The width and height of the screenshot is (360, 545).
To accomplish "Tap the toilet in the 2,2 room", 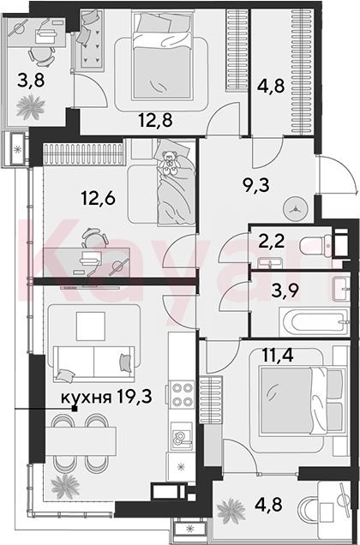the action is [315, 246].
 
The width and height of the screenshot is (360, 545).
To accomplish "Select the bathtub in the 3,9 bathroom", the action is [315, 322].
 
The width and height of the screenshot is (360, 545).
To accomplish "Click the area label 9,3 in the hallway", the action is [256, 186].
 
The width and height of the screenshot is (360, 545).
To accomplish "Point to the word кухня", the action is [86, 398].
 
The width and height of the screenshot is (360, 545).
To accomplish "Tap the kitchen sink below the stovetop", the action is [182, 436].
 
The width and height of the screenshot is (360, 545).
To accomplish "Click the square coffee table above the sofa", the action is [91, 326].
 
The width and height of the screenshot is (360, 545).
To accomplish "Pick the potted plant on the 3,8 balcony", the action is [31, 106].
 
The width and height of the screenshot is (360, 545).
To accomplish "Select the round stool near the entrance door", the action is [296, 209].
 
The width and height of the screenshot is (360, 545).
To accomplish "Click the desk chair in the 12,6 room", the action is [94, 238].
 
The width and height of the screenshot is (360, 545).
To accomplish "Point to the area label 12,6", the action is [98, 199].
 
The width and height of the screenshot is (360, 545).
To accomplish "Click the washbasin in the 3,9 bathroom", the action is [341, 289].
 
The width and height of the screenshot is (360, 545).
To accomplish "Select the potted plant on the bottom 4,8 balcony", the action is [231, 511].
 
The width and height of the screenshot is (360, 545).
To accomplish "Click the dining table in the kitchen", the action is [81, 440].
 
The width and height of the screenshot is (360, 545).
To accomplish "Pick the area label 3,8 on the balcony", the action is [31, 81].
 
